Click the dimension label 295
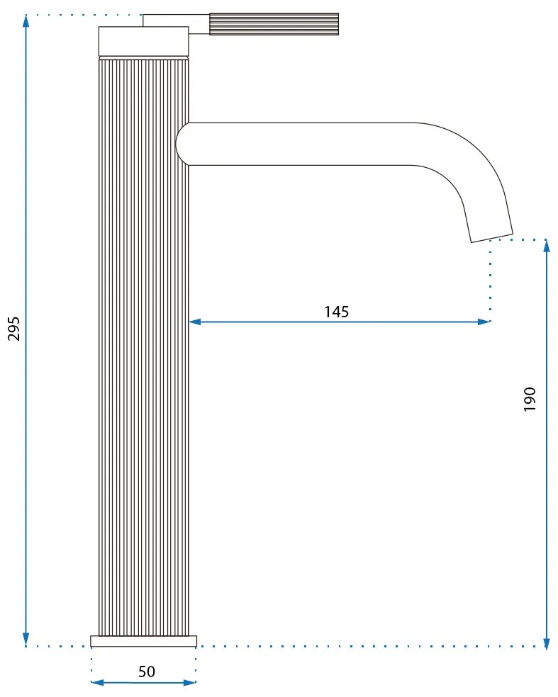click(x=14, y=328)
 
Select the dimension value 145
click(x=337, y=312)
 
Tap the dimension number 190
click(x=530, y=400)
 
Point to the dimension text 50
click(x=146, y=671)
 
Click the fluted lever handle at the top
click(x=273, y=23)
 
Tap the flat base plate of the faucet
click(x=143, y=641)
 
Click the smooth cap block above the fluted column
click(x=143, y=41)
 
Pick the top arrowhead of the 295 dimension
click(x=26, y=20)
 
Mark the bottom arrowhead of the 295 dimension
click(x=26, y=640)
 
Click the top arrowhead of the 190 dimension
click(x=546, y=246)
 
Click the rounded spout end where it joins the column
click(x=184, y=144)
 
